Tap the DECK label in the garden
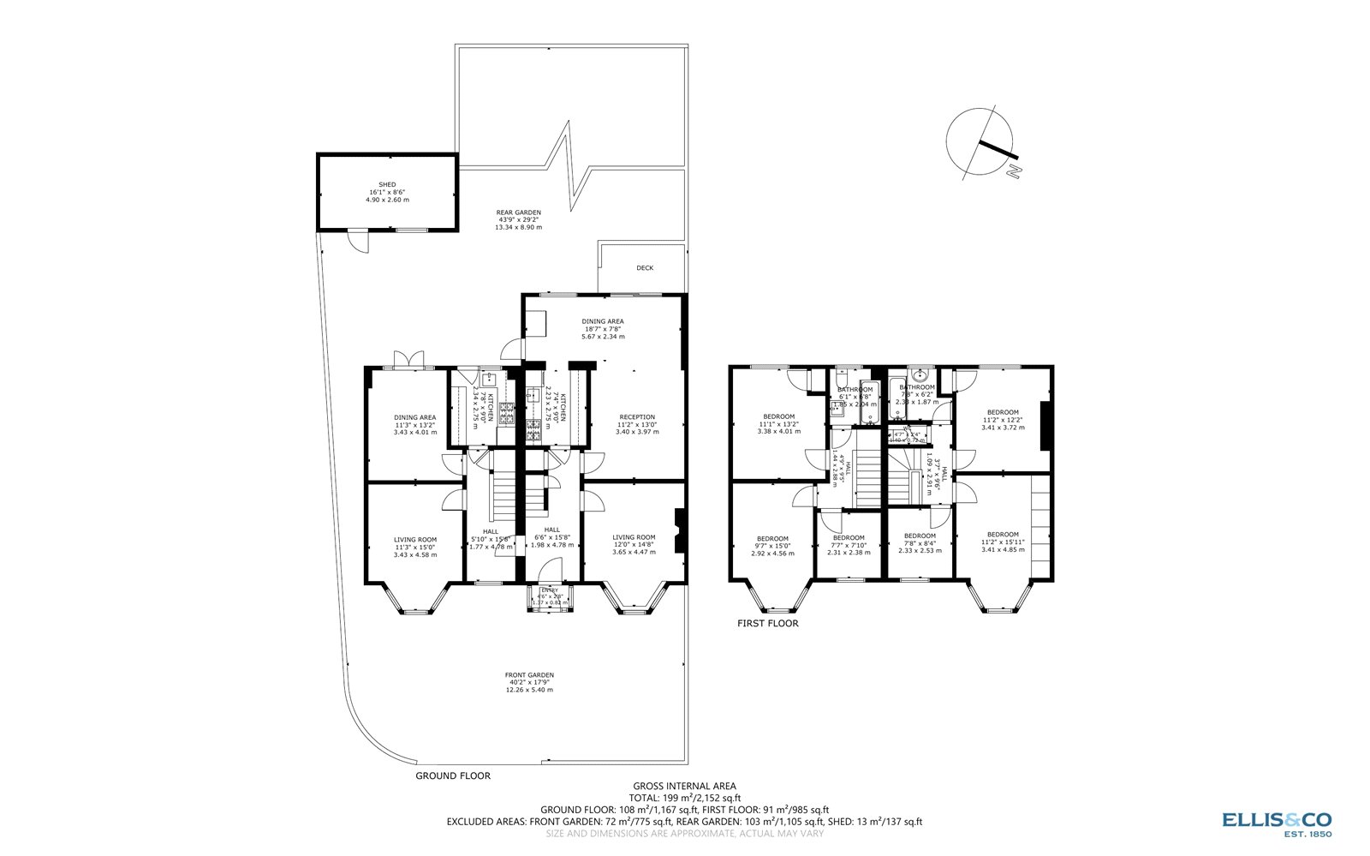645,268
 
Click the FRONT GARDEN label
529,675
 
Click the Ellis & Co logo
1276,822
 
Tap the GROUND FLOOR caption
453,776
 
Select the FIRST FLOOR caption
767,624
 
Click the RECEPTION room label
637,418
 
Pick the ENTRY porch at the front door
549,596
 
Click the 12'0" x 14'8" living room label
634,545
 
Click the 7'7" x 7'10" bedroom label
849,545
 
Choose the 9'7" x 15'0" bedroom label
772,546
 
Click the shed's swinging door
359,242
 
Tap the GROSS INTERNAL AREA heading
684,786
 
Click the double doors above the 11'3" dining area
406,360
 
